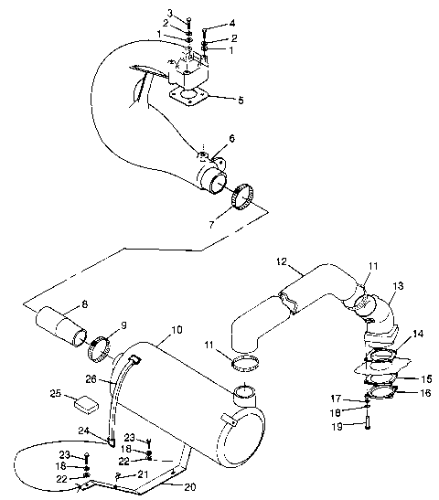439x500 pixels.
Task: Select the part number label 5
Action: (241, 100)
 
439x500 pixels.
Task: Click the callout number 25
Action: (55, 393)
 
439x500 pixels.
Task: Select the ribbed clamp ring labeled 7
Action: (244, 197)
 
